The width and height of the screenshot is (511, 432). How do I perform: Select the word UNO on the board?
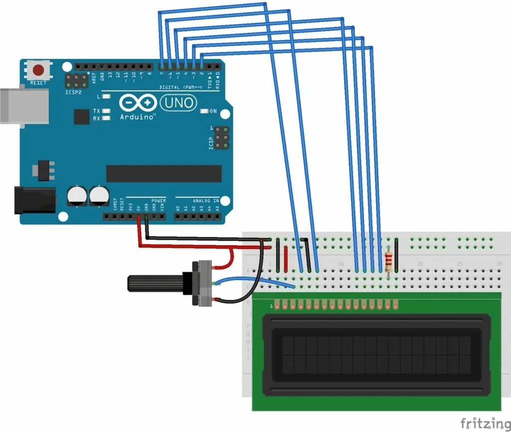tap(178, 103)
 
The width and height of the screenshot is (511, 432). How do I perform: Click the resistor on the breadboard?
tap(389, 260)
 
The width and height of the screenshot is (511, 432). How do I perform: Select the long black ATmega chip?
tap(164, 173)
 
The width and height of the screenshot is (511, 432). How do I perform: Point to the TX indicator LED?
tap(106, 111)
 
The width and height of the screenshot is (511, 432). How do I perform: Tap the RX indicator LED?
tap(106, 118)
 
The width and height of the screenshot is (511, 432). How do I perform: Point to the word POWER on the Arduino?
tap(158, 200)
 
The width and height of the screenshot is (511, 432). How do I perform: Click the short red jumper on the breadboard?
tap(285, 257)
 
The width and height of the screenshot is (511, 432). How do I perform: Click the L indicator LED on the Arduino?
tap(106, 96)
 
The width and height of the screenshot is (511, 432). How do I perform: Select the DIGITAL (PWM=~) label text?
tap(181, 87)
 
